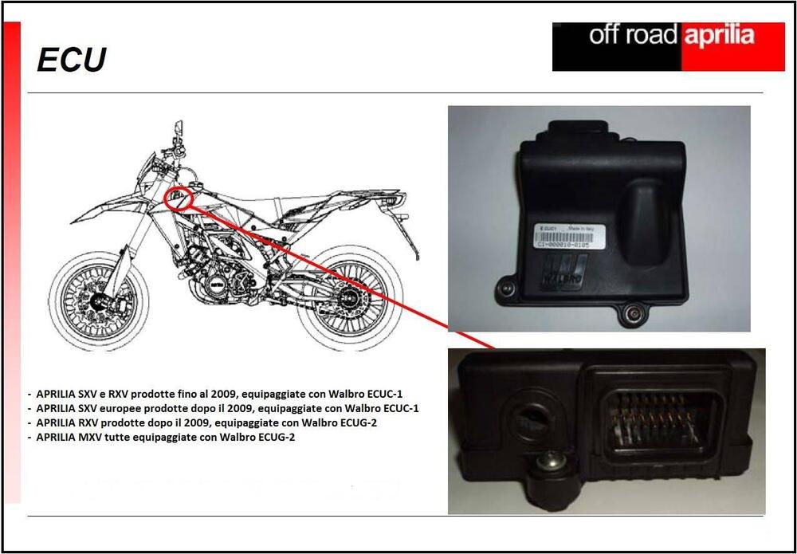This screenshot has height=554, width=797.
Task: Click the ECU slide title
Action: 71,60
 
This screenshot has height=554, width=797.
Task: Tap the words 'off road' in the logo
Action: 633,36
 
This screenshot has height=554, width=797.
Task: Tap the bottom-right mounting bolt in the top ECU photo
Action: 633,312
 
